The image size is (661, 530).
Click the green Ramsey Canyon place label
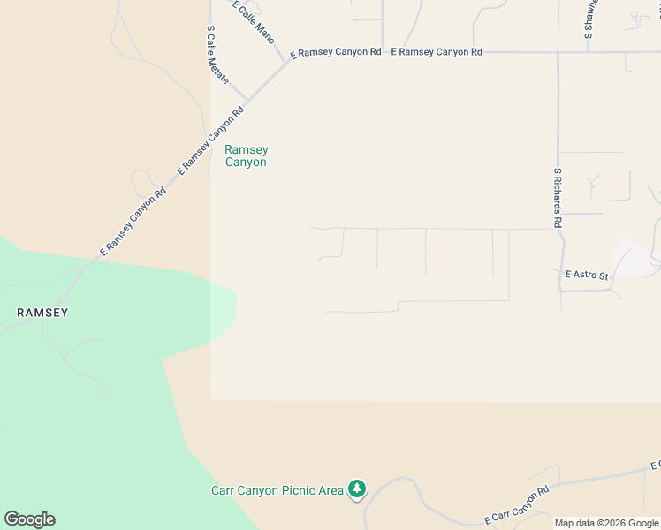[x=246, y=156]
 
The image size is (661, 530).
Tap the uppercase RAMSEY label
[x=42, y=313]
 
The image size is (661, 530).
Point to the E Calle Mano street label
[x=254, y=22]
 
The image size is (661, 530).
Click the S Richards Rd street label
[x=558, y=199]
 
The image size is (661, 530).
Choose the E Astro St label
[x=587, y=276]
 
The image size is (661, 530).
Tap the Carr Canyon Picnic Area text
[x=277, y=491]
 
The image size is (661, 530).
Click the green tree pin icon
[x=357, y=489]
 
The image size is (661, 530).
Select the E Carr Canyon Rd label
[x=517, y=504]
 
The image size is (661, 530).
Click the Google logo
[x=29, y=519]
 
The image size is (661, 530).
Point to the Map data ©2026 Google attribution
[x=606, y=523]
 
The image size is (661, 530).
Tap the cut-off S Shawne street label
[x=590, y=19]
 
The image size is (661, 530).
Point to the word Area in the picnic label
[x=331, y=491]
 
